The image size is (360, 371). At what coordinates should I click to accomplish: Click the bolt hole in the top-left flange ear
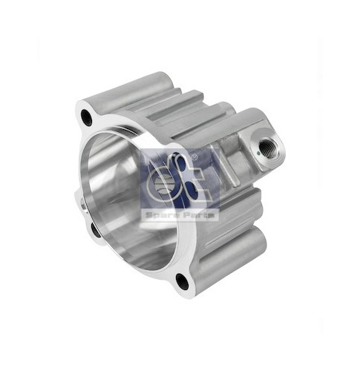click(x=86, y=116)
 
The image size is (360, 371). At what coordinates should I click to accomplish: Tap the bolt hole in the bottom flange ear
click(x=182, y=282)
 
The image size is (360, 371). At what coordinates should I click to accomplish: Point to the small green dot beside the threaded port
click(x=258, y=153)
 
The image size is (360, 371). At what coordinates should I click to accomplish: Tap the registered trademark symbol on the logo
click(x=194, y=157)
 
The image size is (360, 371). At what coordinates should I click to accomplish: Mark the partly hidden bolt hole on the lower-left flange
click(x=95, y=230)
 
